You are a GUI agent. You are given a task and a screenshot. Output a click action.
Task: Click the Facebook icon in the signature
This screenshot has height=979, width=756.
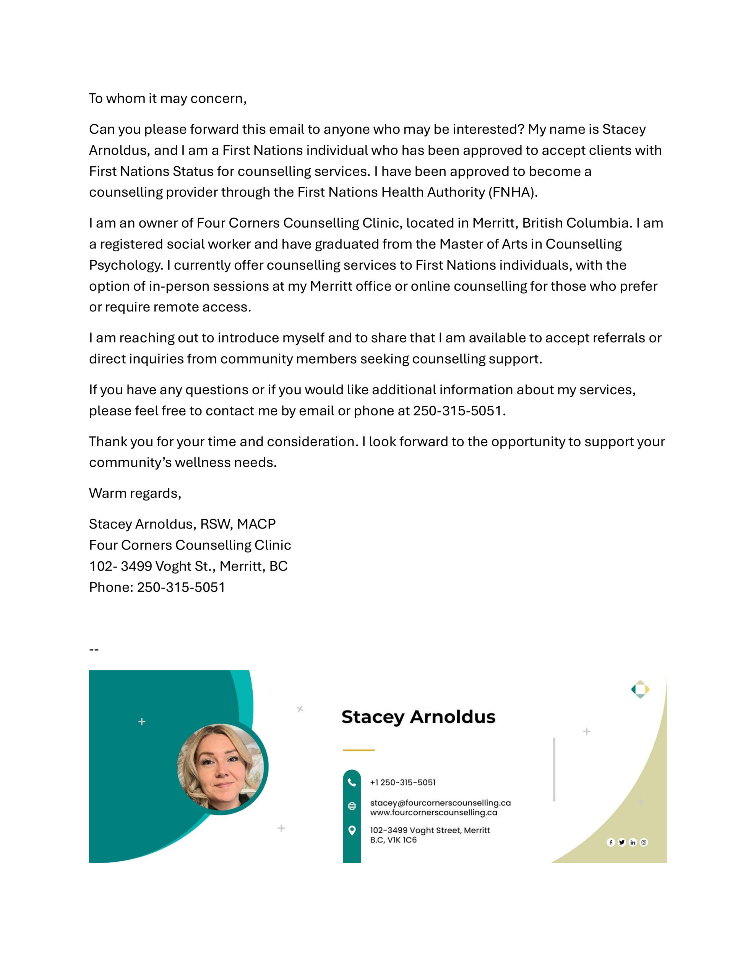(610, 842)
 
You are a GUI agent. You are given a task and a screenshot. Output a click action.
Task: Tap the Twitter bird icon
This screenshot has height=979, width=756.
(621, 842)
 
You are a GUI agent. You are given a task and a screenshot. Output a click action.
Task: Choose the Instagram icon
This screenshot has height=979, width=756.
(644, 842)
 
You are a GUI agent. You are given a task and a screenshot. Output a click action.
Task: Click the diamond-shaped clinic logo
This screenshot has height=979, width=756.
(640, 690)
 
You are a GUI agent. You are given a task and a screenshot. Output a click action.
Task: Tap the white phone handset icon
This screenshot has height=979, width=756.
(352, 782)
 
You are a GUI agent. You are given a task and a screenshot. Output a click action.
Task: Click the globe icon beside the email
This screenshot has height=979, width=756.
(352, 806)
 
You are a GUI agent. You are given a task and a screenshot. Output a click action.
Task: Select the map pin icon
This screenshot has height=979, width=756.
(352, 830)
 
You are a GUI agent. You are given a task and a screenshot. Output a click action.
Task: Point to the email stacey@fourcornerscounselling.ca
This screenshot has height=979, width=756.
(440, 803)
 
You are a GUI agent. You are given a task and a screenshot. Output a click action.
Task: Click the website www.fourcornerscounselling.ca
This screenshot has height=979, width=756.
(433, 813)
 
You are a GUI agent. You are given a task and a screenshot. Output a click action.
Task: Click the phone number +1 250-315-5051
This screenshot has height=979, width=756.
(402, 782)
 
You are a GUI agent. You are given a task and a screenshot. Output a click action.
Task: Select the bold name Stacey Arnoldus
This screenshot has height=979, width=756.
(418, 717)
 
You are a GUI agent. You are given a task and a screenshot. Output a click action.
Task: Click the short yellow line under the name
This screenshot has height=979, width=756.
(359, 750)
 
